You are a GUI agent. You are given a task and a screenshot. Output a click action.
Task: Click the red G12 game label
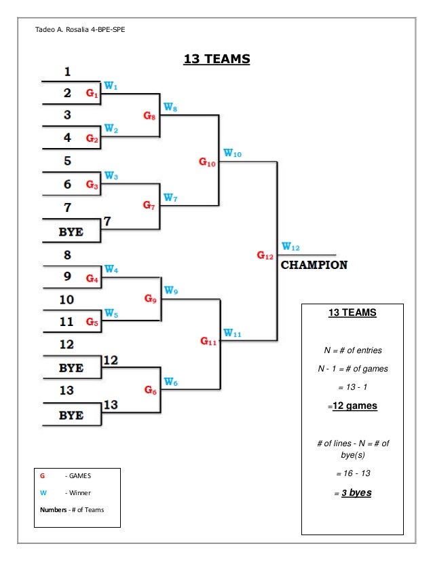coord(265,255)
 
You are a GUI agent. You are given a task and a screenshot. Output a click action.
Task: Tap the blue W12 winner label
coord(291,247)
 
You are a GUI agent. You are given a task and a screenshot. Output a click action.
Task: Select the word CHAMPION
coord(314,265)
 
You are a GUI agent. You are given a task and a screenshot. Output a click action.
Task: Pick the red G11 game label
coord(208,342)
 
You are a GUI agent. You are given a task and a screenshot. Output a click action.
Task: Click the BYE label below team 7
coord(71,232)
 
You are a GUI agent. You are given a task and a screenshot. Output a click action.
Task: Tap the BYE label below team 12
coord(71,367)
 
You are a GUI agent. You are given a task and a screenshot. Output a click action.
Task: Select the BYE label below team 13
coord(71,415)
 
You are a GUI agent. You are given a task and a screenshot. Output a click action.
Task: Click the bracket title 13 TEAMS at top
coord(216,60)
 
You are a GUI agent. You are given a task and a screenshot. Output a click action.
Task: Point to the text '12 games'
coord(352,406)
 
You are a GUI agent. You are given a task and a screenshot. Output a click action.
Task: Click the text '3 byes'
coord(354,493)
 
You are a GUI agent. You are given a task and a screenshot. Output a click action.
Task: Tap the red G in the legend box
coord(43,476)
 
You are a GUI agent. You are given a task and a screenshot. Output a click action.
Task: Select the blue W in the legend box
coord(43,492)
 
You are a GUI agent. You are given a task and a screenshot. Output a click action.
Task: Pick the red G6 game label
coord(150,390)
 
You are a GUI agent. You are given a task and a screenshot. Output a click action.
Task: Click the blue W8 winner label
coord(171,107)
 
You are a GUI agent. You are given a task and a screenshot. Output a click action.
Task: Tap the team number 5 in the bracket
coord(67,161)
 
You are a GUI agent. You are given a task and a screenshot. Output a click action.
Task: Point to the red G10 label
coord(208,163)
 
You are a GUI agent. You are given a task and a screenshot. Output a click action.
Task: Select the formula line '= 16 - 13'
coord(352,471)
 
